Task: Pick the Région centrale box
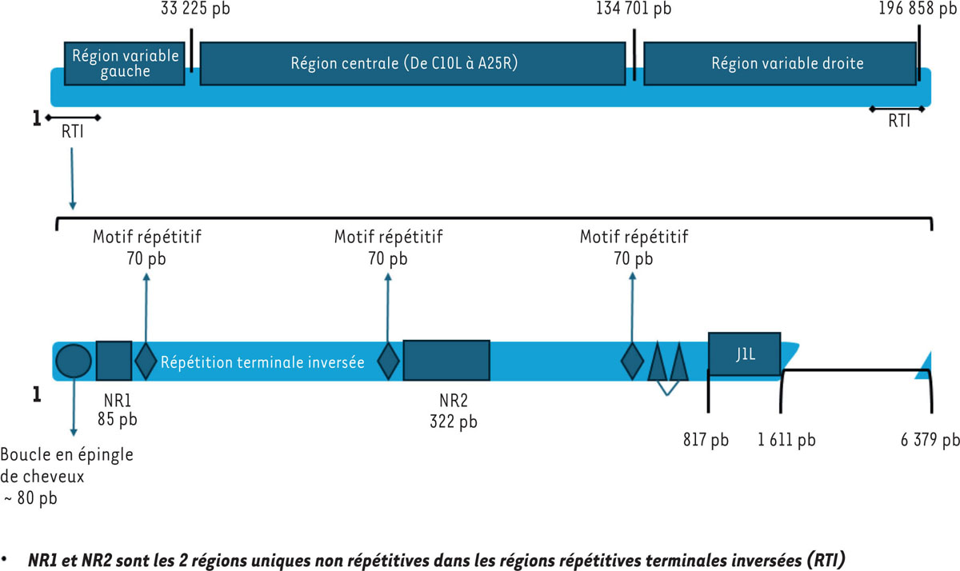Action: [x=412, y=63]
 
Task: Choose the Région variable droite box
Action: [x=779, y=63]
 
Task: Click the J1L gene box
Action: [x=745, y=353]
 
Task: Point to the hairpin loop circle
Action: [x=74, y=361]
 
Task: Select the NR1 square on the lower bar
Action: [x=114, y=361]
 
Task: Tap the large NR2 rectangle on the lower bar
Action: [x=446, y=361]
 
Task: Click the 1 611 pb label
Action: [x=786, y=440]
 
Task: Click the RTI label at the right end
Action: [x=898, y=122]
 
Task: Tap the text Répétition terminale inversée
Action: [x=262, y=362]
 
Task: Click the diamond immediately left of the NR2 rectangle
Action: [x=388, y=361]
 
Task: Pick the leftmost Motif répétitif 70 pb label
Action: [x=146, y=247]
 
